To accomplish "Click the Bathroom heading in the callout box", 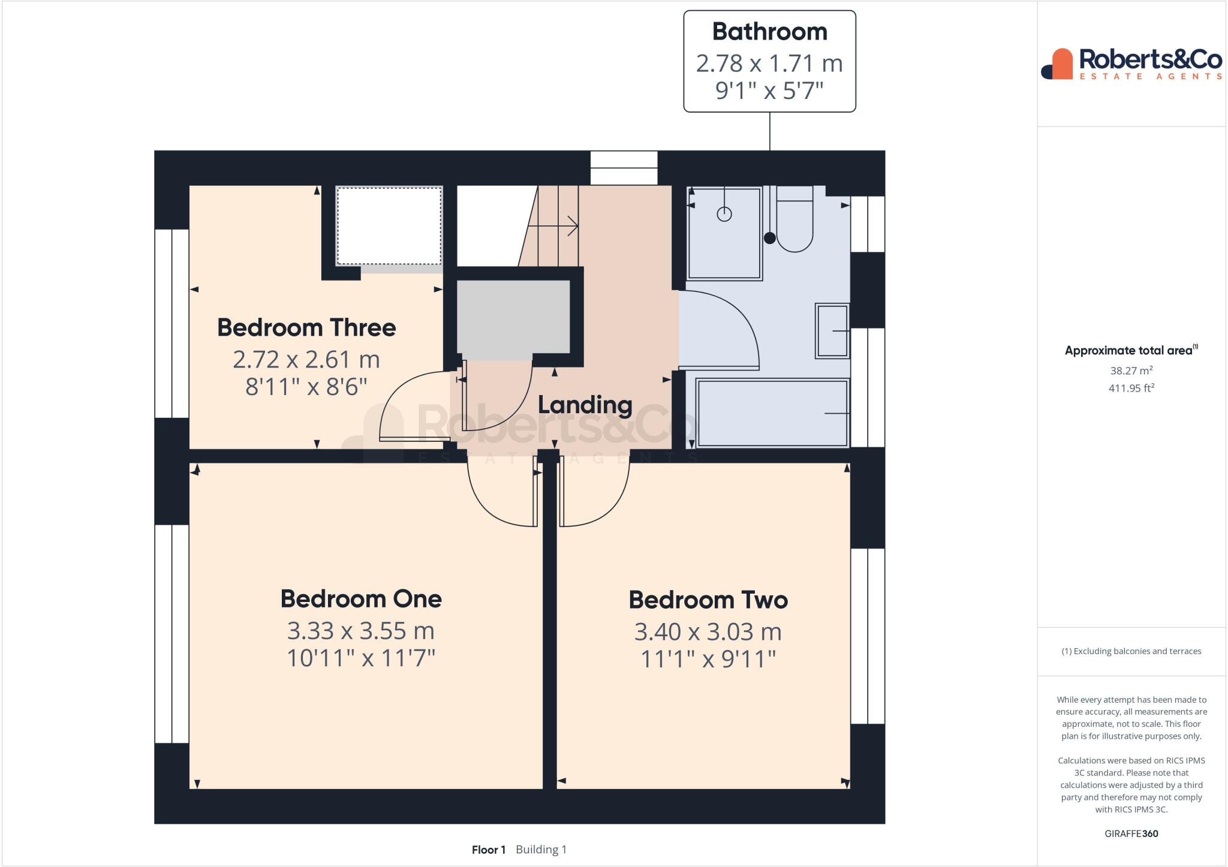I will tap(769, 32).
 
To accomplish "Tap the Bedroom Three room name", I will tap(306, 328).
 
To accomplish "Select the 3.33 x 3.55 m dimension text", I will tap(360, 631).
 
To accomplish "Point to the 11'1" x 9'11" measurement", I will tap(708, 659).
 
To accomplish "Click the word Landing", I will tap(585, 405).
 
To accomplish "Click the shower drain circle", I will tap(724, 214).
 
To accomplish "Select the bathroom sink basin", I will tap(832, 331).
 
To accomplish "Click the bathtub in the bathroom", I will tap(772, 413).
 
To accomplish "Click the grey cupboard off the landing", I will tap(513, 317).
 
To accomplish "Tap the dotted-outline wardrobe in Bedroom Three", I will tap(389, 225).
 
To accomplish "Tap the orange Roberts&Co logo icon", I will tap(1059, 64).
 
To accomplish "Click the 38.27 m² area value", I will tap(1131, 371).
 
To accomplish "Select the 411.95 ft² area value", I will tap(1131, 388).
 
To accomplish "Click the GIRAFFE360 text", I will tap(1131, 833).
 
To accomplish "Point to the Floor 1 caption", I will tap(489, 850).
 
